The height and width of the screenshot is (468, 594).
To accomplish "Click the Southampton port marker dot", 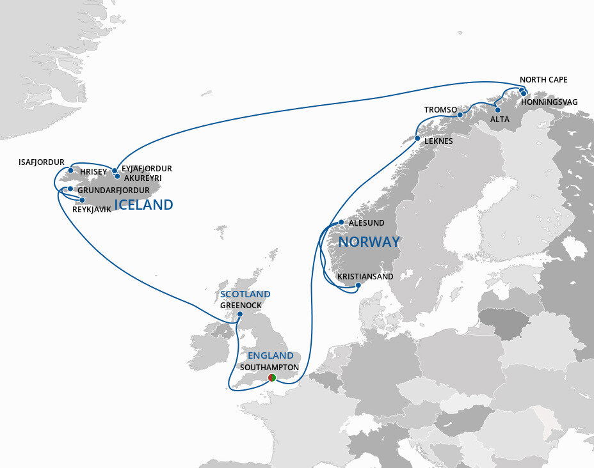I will tap(272, 378).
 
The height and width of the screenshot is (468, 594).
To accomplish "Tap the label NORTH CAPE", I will tap(543, 80).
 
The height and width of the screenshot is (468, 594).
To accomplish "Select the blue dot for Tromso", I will tap(460, 115).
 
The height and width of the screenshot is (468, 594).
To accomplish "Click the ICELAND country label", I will tap(143, 205).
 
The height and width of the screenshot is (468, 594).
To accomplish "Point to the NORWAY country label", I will tap(369, 242).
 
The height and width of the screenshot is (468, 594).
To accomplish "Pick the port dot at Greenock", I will tap(239, 314).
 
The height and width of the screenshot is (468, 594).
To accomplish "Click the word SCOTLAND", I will tap(245, 294).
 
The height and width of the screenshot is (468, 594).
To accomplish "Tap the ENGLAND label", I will tap(271, 355).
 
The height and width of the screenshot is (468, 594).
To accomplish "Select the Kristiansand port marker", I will tap(358, 285).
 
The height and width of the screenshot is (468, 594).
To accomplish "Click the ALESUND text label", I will tap(367, 223).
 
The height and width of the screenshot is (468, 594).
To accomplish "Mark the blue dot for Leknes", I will tap(417, 138).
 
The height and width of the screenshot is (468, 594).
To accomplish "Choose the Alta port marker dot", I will tap(497, 110).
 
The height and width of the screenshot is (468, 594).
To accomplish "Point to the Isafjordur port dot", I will tap(70, 171).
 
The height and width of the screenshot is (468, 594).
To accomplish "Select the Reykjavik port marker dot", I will tap(82, 200).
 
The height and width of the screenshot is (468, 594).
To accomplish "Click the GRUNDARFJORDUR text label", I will tap(113, 191).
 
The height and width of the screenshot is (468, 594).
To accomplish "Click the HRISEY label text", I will tap(93, 172).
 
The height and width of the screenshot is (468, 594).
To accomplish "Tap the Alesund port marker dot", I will tap(341, 222).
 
